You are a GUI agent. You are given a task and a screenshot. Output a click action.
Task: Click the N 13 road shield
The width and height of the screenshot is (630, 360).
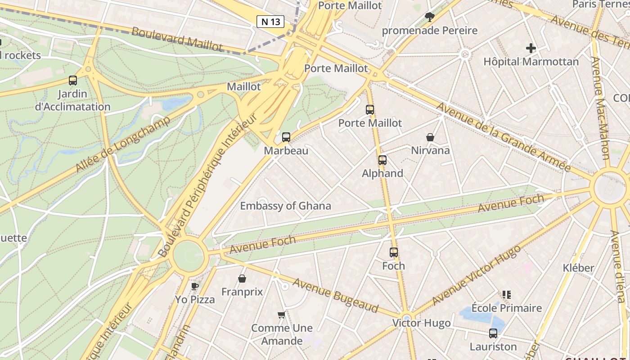point(270,21)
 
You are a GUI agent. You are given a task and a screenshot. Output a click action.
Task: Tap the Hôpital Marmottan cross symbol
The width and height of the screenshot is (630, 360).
point(531,48)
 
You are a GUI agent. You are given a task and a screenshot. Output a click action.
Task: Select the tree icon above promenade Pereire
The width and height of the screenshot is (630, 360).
point(430,17)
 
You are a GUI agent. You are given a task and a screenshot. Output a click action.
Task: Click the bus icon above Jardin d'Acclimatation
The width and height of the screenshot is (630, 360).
point(73,81)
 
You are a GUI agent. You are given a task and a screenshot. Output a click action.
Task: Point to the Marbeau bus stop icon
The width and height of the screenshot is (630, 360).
point(286,137)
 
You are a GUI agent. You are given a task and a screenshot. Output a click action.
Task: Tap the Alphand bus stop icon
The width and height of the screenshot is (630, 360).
point(382,160)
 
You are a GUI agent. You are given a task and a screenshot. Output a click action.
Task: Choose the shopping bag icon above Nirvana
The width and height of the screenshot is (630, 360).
point(430,137)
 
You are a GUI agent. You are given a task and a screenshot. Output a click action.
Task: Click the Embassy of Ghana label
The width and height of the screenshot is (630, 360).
point(285,206)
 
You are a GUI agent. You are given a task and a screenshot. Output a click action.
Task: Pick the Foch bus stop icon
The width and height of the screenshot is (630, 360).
point(394,252)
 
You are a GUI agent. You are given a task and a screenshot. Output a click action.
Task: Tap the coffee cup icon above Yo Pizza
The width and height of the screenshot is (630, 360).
point(195,286)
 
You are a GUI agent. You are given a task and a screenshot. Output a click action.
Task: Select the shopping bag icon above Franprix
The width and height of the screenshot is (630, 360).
point(242,279)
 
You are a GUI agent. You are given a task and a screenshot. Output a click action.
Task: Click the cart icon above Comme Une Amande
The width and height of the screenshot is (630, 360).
point(282,315)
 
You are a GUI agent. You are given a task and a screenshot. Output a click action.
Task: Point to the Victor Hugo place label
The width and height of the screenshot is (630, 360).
point(421,323)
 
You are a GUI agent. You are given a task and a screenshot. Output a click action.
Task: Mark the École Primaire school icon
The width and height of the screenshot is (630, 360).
point(507,295)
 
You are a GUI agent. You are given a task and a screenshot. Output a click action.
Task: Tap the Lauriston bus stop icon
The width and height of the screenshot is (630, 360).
point(493,333)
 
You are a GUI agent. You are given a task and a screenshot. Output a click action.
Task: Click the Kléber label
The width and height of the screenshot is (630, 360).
point(578,268)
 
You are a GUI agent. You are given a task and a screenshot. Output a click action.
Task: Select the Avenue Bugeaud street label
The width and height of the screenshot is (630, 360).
point(335,295)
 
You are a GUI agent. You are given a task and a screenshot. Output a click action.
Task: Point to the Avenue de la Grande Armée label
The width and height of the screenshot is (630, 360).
point(503,137)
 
